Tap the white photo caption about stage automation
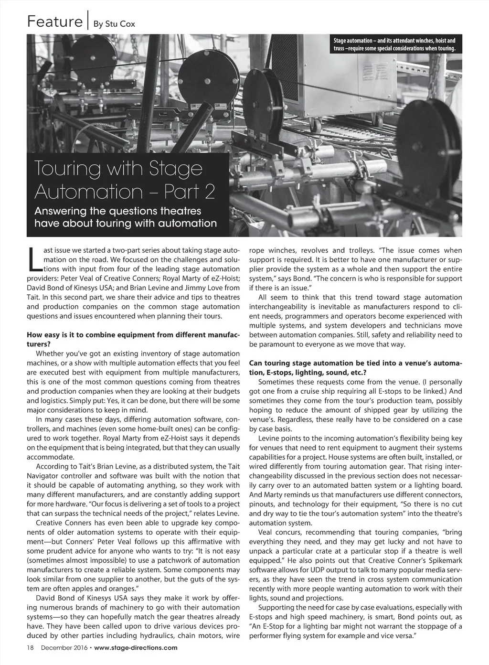[x=394, y=44]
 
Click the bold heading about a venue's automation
[x=355, y=367]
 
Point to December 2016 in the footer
[x=64, y=648]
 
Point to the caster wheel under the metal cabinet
[x=316, y=125]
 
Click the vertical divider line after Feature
[x=88, y=22]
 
